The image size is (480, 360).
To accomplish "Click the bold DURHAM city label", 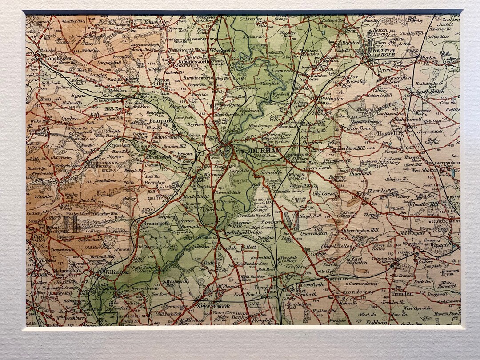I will click(266, 152).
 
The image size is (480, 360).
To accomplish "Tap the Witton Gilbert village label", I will click(162, 83).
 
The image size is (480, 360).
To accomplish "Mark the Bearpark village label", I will click(160, 120).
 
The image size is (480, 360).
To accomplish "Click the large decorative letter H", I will click(70, 224).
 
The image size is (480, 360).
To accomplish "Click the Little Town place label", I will click(358, 128).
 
